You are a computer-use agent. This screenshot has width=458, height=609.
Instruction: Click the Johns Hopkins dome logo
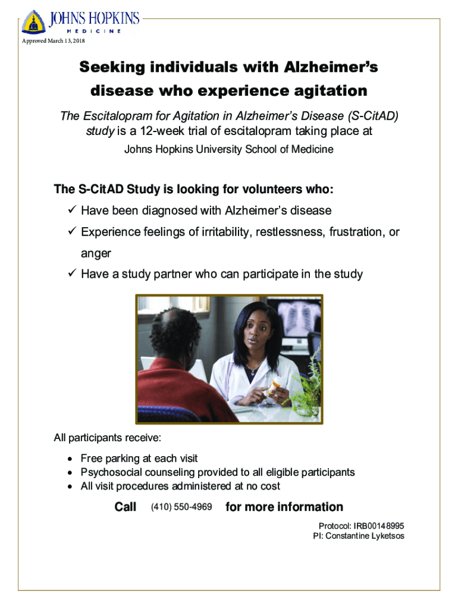tap(34, 22)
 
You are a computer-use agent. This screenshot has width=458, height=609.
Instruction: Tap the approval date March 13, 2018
tap(66, 41)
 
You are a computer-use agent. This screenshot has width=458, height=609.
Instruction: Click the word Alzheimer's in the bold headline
tap(331, 67)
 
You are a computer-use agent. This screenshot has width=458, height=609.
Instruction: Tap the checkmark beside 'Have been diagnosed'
tap(72, 209)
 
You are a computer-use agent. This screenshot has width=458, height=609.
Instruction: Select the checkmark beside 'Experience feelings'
tap(72, 231)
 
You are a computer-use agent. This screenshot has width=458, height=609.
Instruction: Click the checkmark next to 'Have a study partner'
tap(72, 273)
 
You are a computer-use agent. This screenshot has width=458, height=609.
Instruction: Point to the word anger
tap(96, 253)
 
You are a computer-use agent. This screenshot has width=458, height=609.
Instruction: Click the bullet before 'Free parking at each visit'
tap(70, 459)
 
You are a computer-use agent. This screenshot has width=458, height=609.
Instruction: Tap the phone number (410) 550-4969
tap(181, 507)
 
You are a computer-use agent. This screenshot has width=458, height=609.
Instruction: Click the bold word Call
tap(125, 507)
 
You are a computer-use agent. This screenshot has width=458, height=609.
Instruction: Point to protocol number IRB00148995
tap(379, 526)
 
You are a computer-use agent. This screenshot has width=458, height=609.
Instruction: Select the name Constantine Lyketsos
tap(365, 536)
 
